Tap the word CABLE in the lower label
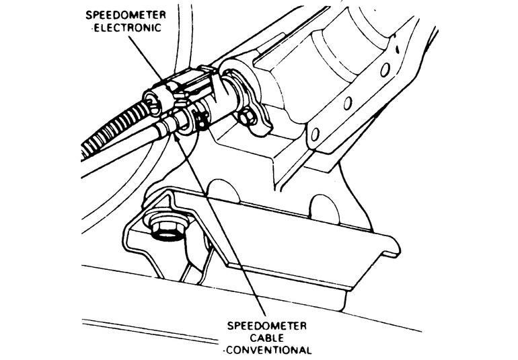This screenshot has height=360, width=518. point(268,336)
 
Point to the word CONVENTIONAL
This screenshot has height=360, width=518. point(270,350)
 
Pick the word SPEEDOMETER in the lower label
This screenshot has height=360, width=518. point(268,325)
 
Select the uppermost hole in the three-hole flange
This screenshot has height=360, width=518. point(385,69)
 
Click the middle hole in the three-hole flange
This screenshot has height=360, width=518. point(348,103)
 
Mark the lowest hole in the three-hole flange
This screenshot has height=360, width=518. point(315,133)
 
